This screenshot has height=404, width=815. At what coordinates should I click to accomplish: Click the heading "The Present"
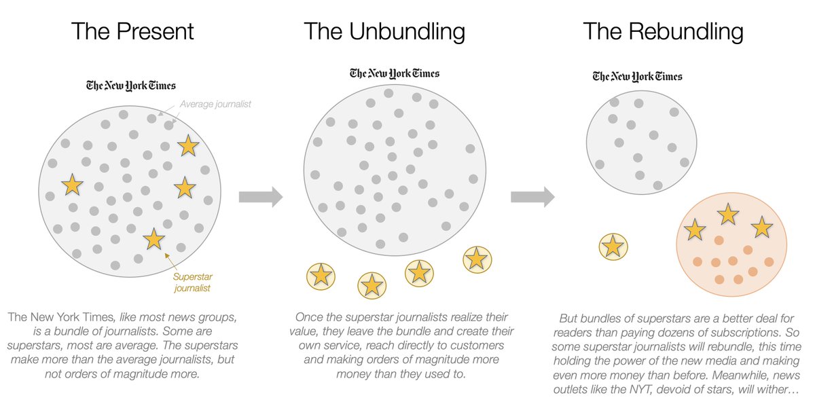[132, 31]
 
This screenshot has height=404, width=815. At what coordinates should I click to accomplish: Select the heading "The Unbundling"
[384, 31]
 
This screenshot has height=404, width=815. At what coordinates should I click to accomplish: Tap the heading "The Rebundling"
[663, 31]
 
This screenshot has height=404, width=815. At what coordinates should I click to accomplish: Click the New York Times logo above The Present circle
[131, 86]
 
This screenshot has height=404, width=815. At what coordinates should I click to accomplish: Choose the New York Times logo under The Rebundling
[637, 76]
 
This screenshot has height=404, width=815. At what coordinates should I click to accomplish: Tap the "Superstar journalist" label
[192, 282]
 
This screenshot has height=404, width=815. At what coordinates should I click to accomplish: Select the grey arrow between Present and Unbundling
[260, 197]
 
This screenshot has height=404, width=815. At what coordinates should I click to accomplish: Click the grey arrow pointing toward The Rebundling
[532, 197]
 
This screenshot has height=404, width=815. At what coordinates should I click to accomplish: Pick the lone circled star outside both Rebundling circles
[613, 246]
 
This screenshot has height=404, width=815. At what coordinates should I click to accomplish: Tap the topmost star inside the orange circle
[728, 215]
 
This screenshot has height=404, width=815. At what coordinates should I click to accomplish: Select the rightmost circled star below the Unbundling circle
[477, 259]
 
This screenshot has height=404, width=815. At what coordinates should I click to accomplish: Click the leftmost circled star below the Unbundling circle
[321, 275]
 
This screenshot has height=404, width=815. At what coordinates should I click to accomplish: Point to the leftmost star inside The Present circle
[72, 183]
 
